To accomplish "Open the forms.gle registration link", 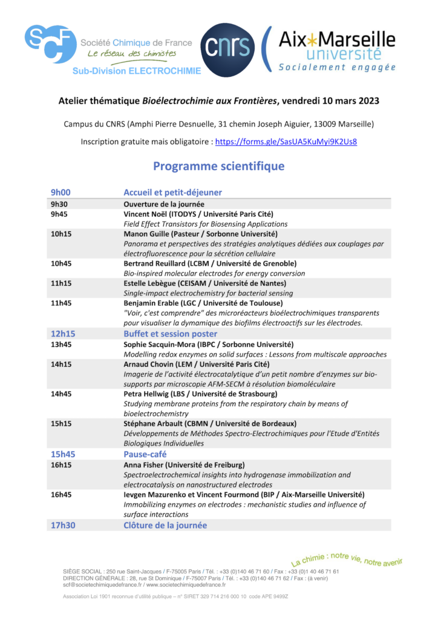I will click(286, 142).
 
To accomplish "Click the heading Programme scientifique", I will click(218, 166).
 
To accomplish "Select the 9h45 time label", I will click(59, 214).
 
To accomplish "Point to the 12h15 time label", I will click(63, 334).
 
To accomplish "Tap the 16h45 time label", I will click(61, 495).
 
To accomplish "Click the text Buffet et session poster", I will click(170, 334).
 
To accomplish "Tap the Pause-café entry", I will click(145, 454).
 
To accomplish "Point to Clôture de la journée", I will click(165, 525).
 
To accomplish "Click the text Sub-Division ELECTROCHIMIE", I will click(136, 71).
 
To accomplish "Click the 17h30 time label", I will click(63, 525).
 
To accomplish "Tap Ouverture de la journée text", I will click(164, 204).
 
